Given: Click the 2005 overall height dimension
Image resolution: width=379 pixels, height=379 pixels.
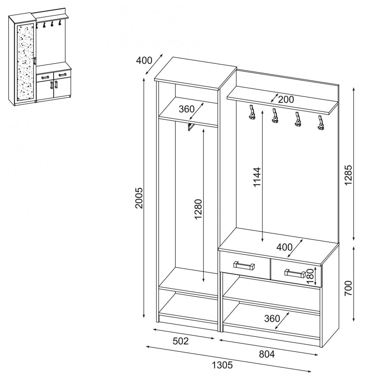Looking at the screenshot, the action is tap(139, 198).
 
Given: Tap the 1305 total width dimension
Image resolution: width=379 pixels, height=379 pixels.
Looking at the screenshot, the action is tap(222, 365).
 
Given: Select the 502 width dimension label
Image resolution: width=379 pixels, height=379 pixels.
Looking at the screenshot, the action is tap(181, 341).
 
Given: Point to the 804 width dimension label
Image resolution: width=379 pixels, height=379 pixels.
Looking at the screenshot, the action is tap(267, 354).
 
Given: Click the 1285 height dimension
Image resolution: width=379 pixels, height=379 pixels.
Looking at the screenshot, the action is tap(348, 175).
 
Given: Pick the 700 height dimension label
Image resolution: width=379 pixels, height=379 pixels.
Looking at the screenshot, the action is tap(348, 288).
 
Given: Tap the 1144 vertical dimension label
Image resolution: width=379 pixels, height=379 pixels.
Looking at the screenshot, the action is tap(257, 177).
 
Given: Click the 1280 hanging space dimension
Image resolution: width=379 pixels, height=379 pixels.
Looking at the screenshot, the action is tap(198, 209).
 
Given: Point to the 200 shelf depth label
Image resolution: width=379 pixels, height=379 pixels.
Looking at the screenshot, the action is tap(286, 99).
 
